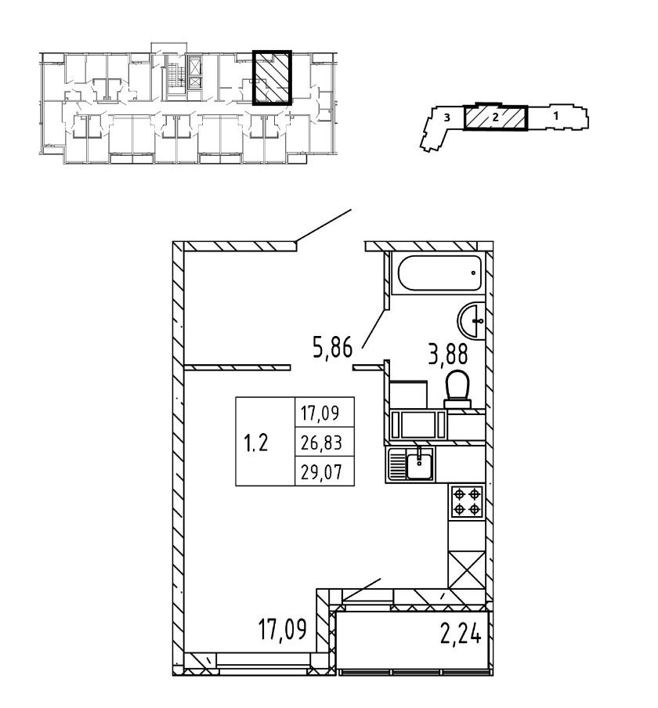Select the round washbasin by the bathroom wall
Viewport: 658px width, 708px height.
pos(472,320)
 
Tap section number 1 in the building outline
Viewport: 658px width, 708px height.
pos(555,116)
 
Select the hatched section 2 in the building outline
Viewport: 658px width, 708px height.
pos(495,117)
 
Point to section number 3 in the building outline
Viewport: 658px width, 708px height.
pos(446,117)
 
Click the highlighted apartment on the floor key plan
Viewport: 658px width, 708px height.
pos(272,78)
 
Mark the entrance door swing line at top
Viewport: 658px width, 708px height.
pos(323,226)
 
